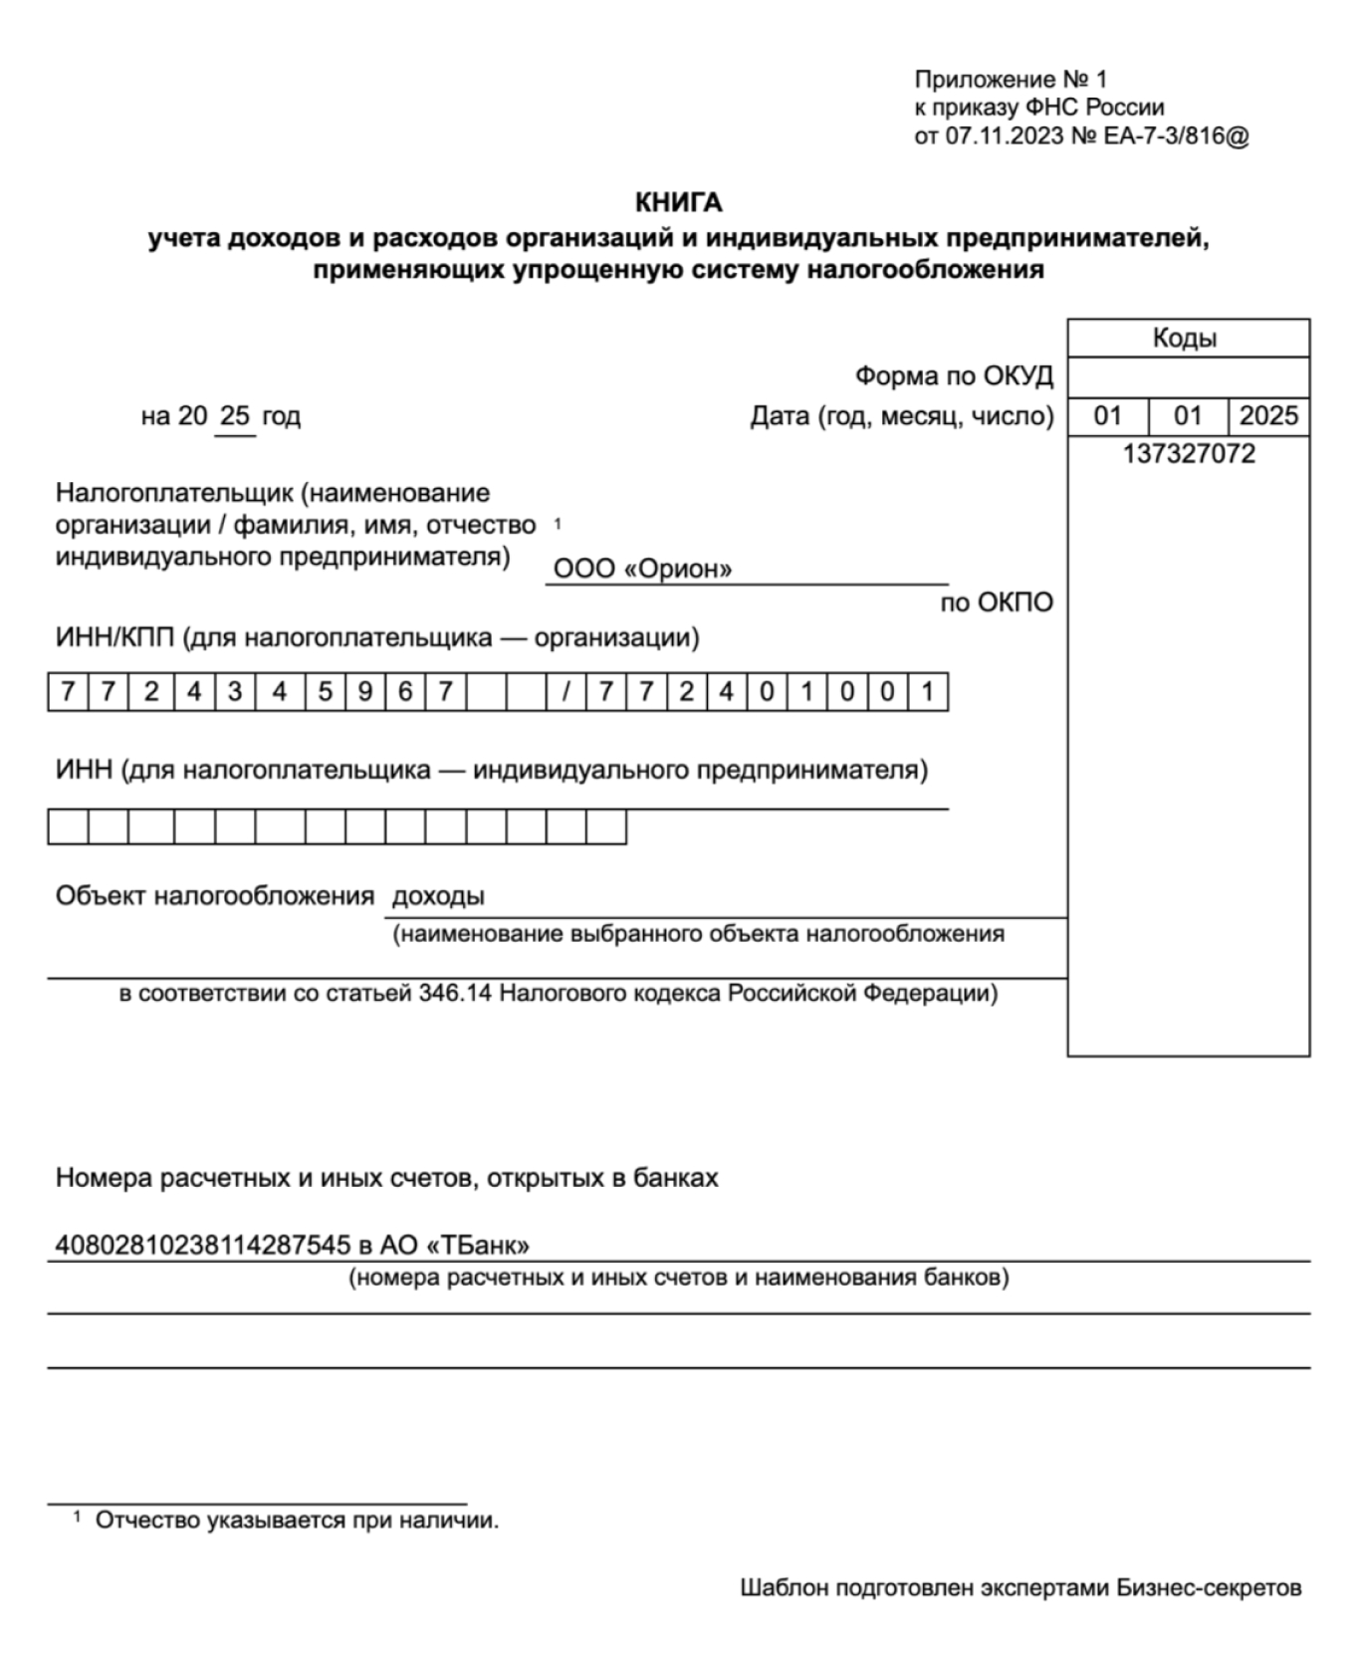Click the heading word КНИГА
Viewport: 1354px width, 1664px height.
[678, 203]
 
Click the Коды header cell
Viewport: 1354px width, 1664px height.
[1187, 338]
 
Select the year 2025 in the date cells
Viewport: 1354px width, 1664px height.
[1268, 415]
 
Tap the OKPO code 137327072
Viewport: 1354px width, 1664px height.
[1189, 455]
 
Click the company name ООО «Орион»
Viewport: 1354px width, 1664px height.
[642, 569]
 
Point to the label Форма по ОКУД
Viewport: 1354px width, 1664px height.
[954, 376]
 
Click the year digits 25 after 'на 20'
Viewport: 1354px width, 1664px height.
[235, 415]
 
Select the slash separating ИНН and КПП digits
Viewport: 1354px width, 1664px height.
[565, 692]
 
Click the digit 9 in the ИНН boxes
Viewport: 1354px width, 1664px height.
[364, 692]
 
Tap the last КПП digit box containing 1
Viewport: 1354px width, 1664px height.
[927, 692]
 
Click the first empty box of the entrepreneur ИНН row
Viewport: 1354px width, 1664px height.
[68, 828]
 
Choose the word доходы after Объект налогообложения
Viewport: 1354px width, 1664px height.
[438, 896]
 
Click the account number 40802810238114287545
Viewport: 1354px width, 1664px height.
[202, 1245]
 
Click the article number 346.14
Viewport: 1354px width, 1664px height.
[455, 993]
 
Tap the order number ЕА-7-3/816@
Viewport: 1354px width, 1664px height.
[1176, 135]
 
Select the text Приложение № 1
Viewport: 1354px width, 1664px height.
[1011, 80]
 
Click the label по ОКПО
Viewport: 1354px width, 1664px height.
[997, 602]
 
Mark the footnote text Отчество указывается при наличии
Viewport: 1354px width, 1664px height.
[297, 1521]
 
